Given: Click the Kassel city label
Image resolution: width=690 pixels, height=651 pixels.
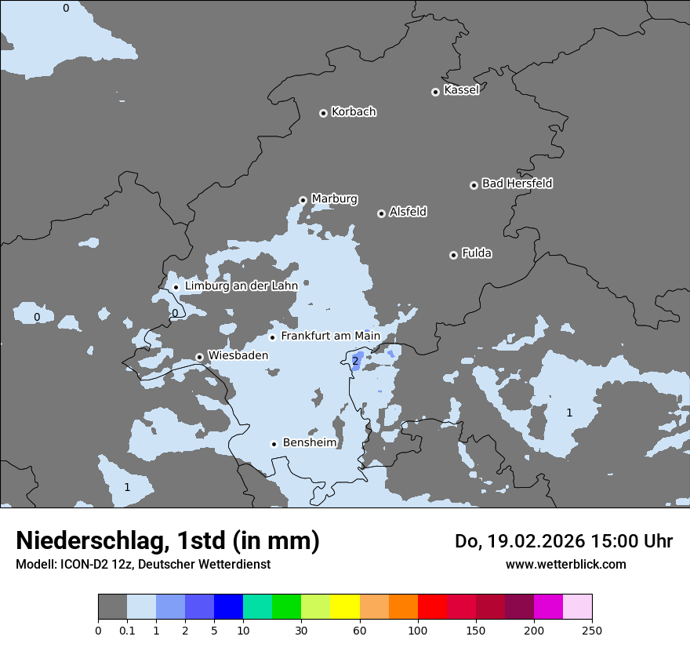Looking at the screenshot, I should [461, 90].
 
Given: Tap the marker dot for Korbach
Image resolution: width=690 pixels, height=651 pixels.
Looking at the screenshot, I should [323, 113].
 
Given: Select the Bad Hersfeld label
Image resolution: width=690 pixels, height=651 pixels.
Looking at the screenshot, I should [517, 184].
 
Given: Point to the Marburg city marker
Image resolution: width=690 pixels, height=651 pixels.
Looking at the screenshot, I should [303, 200].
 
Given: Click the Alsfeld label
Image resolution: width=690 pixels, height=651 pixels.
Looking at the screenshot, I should [408, 212].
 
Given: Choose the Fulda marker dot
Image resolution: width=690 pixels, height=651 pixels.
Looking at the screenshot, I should [453, 255].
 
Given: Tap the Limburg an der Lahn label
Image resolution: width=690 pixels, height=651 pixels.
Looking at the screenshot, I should [241, 286].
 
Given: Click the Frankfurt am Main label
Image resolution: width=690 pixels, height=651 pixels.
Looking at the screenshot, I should [330, 336].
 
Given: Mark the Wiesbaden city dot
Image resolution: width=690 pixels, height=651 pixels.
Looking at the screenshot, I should [200, 357].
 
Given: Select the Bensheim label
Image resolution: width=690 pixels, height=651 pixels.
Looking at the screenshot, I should [309, 443].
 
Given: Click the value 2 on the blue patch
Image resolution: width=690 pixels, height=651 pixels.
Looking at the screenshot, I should [355, 361].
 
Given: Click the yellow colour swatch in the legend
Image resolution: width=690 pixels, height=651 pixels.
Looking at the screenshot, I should [345, 607].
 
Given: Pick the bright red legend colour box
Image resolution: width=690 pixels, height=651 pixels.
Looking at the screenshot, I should [432, 607].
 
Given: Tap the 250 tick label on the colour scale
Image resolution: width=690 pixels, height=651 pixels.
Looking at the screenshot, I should [592, 630].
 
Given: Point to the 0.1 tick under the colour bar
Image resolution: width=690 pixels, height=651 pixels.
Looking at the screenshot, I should [127, 630].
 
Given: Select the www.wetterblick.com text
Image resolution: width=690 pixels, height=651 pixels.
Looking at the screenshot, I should [565, 564].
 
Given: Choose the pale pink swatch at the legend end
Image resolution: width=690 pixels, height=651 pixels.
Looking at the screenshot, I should [577, 607].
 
